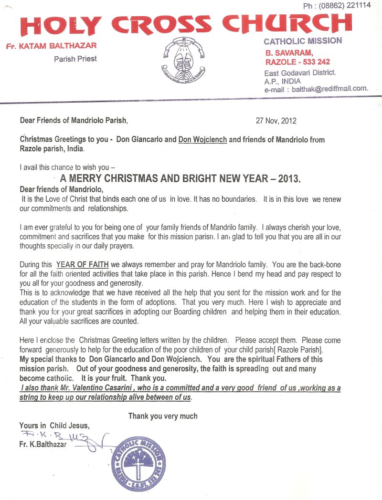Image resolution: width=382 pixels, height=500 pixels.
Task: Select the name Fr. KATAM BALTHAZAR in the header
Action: (x=51, y=46)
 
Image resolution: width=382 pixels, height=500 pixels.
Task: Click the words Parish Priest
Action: (x=75, y=58)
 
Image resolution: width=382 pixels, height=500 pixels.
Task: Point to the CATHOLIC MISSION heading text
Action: (x=303, y=41)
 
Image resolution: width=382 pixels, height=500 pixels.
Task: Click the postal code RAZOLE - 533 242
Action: (x=297, y=62)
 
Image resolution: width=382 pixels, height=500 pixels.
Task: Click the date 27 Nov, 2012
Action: (x=276, y=121)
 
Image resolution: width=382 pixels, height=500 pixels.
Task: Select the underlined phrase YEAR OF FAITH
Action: (x=82, y=264)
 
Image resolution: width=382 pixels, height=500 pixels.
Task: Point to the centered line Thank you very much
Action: (x=163, y=416)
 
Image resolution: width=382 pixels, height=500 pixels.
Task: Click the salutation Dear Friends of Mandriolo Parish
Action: (x=74, y=121)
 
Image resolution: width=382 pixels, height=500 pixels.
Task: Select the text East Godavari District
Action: (x=300, y=73)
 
